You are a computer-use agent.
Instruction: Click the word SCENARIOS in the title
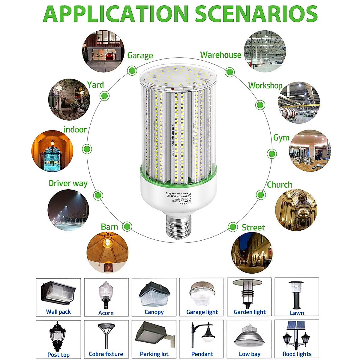click(256, 13)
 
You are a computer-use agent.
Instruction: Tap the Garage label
click(140, 55)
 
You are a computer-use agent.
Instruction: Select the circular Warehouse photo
click(265, 51)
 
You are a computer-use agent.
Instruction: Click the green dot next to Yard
click(104, 96)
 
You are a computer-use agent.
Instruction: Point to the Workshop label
click(265, 86)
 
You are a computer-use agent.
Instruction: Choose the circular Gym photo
click(309, 151)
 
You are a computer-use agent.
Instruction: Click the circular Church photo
click(296, 210)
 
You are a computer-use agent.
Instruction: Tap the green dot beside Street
click(232, 227)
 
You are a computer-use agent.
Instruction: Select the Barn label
click(109, 227)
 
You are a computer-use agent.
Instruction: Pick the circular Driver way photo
click(68, 210)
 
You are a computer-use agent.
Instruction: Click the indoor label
click(75, 130)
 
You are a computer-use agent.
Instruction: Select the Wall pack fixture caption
click(58, 312)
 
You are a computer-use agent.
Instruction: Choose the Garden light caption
click(250, 312)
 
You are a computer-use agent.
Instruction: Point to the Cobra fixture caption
click(106, 354)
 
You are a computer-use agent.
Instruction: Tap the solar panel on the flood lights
click(296, 325)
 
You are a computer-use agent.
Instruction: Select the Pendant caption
click(202, 354)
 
